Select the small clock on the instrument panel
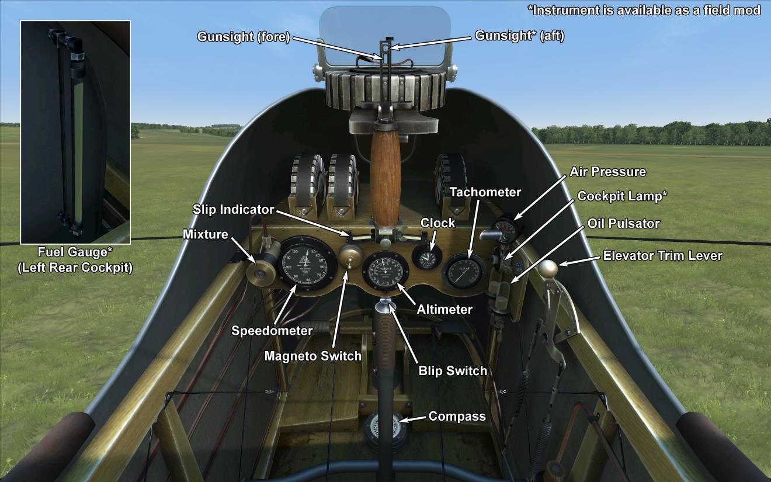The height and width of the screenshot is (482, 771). point(426,257)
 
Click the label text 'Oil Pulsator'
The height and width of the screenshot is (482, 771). point(624,224)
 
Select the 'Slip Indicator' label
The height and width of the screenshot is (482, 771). point(234,209)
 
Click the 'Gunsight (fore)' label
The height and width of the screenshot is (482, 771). point(244,37)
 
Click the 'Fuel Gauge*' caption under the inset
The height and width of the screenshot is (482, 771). point(75,253)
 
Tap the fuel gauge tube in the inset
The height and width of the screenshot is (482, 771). point(77,140)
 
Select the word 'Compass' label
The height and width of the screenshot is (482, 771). point(457,417)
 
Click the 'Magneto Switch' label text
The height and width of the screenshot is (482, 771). point(312,356)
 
